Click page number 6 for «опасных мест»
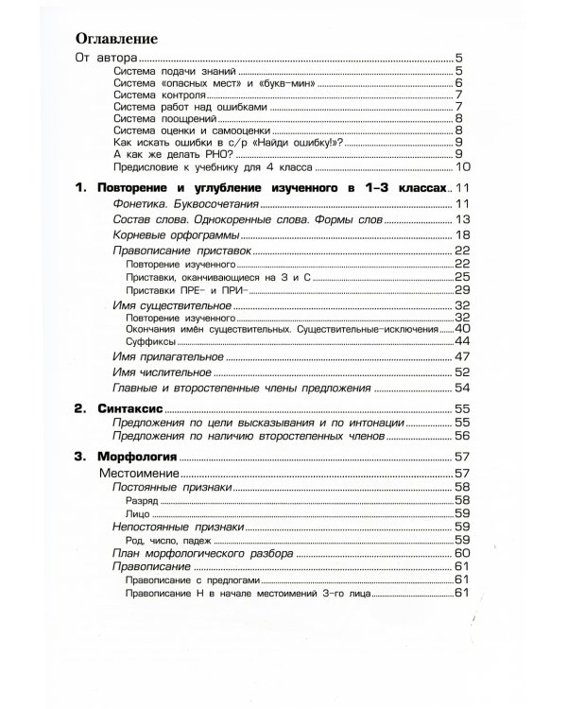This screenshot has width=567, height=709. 457,82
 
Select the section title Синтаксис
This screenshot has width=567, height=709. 131,409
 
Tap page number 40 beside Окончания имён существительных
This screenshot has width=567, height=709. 462,328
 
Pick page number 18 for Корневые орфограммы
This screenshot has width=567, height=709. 462,234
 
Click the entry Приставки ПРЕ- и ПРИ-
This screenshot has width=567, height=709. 184,288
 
